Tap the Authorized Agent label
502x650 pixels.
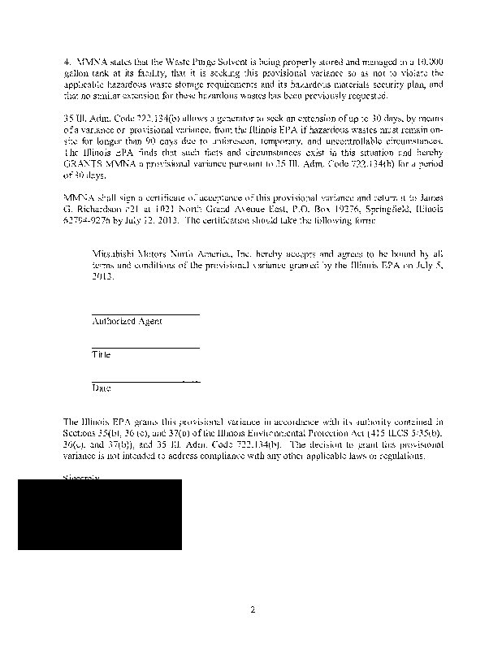point(127,321)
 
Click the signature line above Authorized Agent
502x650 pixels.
point(145,314)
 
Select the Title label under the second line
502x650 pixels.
point(102,355)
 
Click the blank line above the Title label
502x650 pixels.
point(145,349)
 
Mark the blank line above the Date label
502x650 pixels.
point(145,382)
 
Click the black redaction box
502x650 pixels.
point(100,514)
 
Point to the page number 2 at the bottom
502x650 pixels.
point(253,609)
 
